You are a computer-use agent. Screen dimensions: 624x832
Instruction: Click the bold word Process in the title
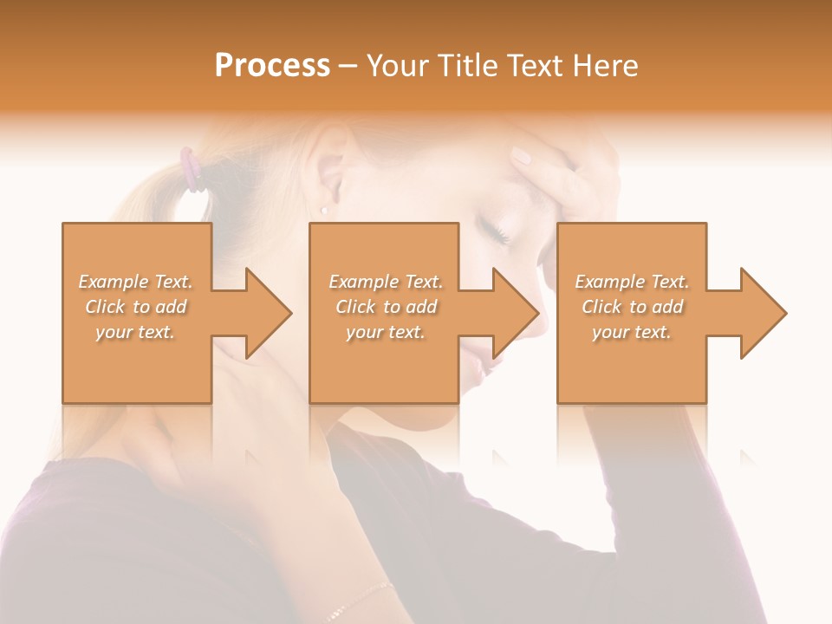[272, 66]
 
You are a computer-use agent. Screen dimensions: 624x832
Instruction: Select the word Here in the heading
[602, 66]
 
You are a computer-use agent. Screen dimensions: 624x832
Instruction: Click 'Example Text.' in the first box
[135, 282]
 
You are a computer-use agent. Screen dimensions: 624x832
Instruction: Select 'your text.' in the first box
[135, 332]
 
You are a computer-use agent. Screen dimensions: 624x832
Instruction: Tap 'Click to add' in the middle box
[386, 307]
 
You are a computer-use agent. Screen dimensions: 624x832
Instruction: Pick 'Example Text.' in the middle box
[386, 282]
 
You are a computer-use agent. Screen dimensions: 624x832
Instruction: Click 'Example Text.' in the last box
[632, 282]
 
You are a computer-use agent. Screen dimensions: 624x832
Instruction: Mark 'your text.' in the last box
[632, 332]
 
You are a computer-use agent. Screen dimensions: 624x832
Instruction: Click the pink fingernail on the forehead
[521, 156]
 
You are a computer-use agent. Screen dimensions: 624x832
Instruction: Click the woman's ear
[330, 178]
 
